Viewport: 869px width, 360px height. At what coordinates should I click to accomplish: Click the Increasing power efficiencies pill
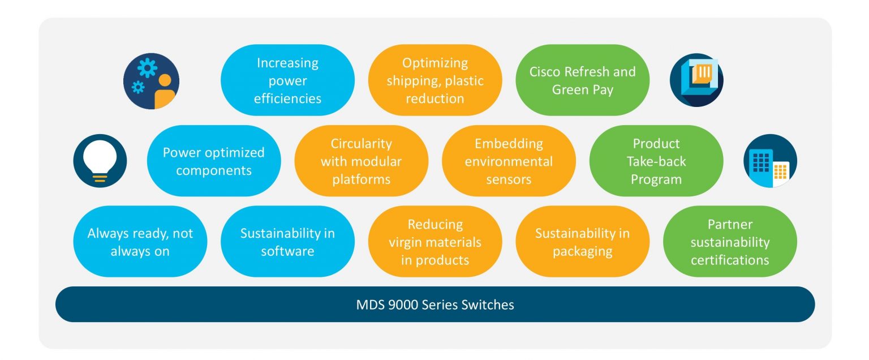click(x=287, y=80)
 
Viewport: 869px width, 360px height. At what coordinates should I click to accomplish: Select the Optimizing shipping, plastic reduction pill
click(x=434, y=80)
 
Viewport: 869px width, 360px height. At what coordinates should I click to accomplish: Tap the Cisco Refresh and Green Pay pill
click(x=582, y=80)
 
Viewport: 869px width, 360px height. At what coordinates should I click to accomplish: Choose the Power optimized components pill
click(x=214, y=161)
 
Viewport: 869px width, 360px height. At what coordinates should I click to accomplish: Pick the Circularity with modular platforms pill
click(x=361, y=161)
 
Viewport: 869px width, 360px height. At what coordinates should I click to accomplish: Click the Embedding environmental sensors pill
click(x=509, y=161)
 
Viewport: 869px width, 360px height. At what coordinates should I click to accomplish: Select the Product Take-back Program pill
click(x=656, y=161)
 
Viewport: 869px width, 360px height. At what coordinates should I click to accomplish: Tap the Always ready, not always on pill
click(x=140, y=242)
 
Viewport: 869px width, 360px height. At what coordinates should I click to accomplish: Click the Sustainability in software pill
click(x=287, y=242)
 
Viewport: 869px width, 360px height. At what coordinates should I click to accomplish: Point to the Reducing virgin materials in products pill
click(x=434, y=242)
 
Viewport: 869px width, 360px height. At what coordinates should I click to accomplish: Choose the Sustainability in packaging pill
click(x=582, y=242)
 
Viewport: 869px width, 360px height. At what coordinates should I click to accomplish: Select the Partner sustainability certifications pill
click(x=730, y=242)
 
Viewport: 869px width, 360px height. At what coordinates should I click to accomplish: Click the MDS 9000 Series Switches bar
click(x=434, y=305)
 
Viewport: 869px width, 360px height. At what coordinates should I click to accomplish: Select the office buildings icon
click(x=769, y=161)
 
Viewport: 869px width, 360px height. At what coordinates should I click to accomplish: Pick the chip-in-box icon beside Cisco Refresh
click(x=696, y=80)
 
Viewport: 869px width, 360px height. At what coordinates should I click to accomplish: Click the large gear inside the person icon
click(x=147, y=69)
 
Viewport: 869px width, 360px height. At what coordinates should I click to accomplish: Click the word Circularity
click(x=361, y=144)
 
